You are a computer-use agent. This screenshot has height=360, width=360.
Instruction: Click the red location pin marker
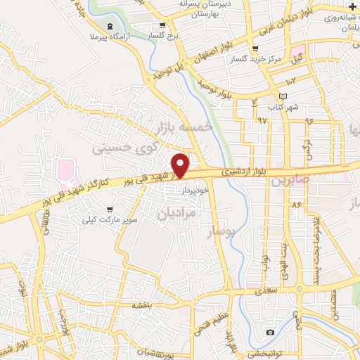click(180, 165)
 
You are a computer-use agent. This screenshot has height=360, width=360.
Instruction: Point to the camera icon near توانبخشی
click(270, 332)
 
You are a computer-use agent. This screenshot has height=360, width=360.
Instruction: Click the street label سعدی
click(267, 289)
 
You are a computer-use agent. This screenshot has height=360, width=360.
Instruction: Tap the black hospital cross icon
click(352, 6)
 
